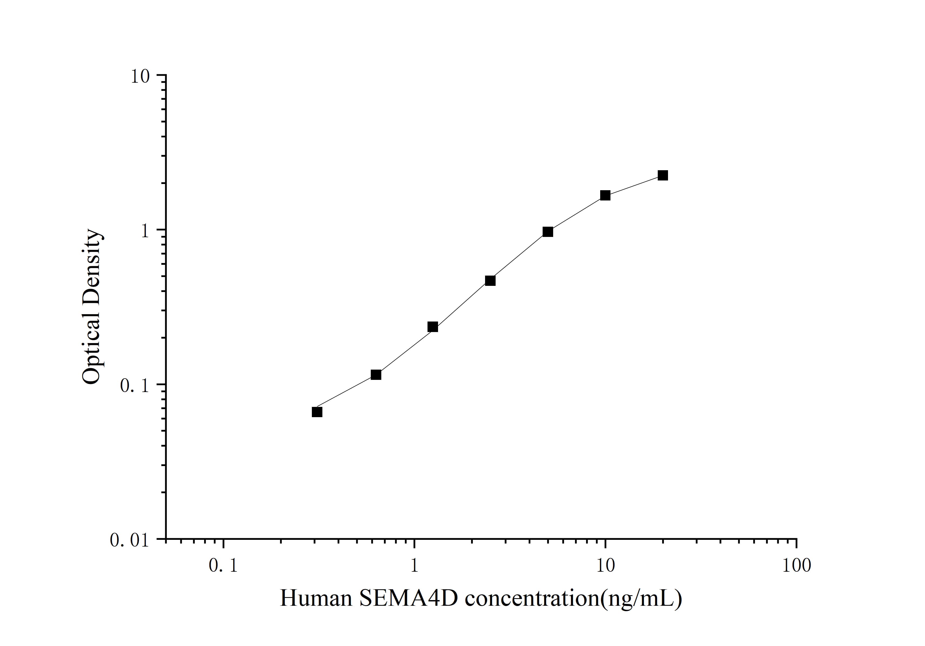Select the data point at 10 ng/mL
pos(605,195)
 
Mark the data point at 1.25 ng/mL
pos(433,327)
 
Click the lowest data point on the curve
pos(317,412)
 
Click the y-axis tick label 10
pos(140,76)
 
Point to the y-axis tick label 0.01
pos(129,540)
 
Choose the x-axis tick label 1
pos(414,566)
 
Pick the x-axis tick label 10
pos(605,566)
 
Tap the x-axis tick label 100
pos(796,566)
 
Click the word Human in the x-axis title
pos(316,598)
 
